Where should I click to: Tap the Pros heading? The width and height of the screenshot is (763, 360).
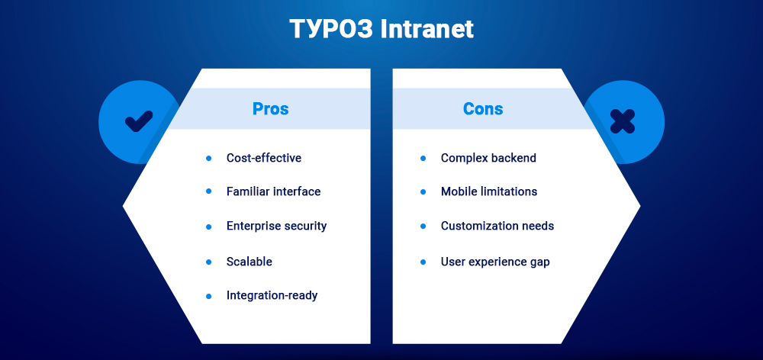(270, 109)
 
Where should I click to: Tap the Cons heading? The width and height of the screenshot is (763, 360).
(483, 109)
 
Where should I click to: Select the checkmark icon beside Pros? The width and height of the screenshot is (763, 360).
(139, 121)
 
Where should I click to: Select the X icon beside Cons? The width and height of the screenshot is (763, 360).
(623, 121)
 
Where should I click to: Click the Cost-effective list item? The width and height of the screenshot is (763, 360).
(264, 158)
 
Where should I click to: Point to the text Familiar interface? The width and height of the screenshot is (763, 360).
(273, 191)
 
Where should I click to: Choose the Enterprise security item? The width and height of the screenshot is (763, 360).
(276, 226)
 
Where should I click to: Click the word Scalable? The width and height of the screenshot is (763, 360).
(250, 262)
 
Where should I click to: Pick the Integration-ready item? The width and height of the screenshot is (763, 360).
(272, 295)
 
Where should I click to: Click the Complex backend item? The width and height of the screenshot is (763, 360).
(488, 158)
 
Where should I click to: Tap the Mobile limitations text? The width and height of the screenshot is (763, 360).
(489, 191)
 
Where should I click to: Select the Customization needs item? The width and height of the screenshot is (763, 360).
(497, 226)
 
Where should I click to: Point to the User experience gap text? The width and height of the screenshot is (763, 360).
(495, 262)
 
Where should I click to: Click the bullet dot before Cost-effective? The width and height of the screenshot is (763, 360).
(208, 158)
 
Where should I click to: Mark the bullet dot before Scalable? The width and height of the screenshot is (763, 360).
(208, 262)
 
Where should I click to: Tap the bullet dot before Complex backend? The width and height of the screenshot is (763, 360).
(423, 158)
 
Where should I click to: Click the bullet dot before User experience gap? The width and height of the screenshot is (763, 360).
(423, 262)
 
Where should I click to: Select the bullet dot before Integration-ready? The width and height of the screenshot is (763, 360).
(208, 295)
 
